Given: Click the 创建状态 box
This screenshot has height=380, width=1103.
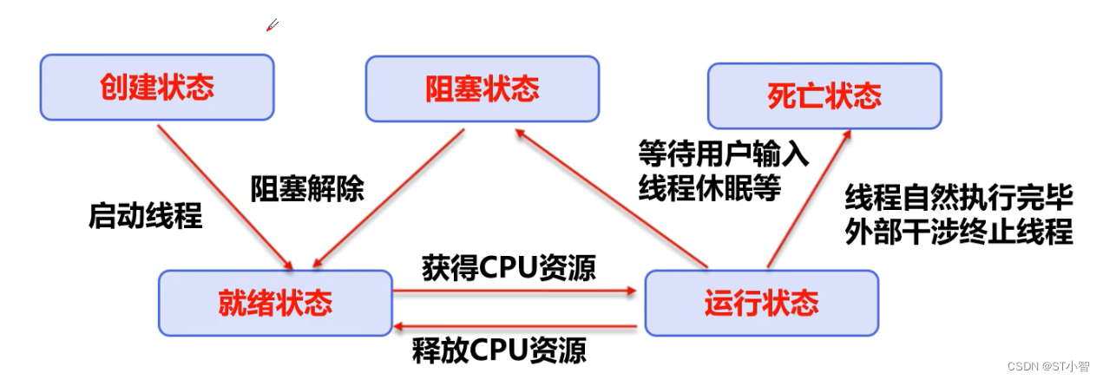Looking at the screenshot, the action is pos(157,87).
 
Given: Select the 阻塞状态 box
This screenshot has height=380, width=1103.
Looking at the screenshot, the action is pos(483,88).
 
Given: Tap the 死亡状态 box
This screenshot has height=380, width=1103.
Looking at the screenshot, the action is pos(824,96).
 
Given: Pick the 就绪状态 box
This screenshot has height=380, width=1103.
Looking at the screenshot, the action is pos(275,303).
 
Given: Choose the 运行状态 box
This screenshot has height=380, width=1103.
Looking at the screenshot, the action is pos(762,303).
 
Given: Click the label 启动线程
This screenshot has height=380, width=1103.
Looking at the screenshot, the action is pos(146,216).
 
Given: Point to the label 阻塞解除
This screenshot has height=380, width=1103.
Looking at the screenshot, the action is pos(307,188).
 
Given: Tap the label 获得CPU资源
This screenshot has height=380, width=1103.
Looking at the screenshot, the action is pos(509,268).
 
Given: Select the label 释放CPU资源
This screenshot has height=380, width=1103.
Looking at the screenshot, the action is pos(499,350).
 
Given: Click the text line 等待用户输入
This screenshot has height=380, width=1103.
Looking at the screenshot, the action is pos(724,154).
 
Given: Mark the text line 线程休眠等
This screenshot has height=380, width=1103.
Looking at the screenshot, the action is pos(710,187).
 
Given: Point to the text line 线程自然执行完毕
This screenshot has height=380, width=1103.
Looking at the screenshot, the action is pos(959,197).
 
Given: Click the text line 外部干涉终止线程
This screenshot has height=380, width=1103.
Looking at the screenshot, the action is pos(959,231).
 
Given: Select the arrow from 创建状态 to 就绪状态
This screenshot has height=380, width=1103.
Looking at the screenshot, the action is pos(225,197).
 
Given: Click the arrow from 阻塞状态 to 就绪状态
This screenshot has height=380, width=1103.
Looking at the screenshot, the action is pos(389,199).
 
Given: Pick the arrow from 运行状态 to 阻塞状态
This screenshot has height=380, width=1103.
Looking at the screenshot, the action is pos(611,199).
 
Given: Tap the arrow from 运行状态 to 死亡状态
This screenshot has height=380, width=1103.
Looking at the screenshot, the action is pos(810,199).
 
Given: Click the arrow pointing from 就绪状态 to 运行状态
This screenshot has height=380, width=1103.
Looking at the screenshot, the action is pos(515,291).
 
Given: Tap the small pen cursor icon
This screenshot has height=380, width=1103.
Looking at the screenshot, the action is pos(272,25).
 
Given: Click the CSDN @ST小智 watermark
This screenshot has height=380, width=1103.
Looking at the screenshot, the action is pos(1048,367).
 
